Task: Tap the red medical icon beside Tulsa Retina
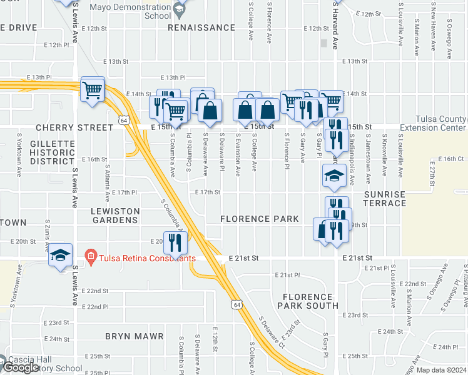click(90, 256)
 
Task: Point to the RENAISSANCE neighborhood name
click(205, 28)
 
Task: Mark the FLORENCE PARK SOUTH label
click(307, 301)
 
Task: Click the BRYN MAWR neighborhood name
click(134, 336)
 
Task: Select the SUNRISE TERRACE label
click(385, 199)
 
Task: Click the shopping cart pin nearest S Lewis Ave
click(92, 91)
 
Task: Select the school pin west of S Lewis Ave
click(61, 255)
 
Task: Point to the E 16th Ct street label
click(450, 159)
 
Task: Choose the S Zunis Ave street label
click(48, 236)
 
